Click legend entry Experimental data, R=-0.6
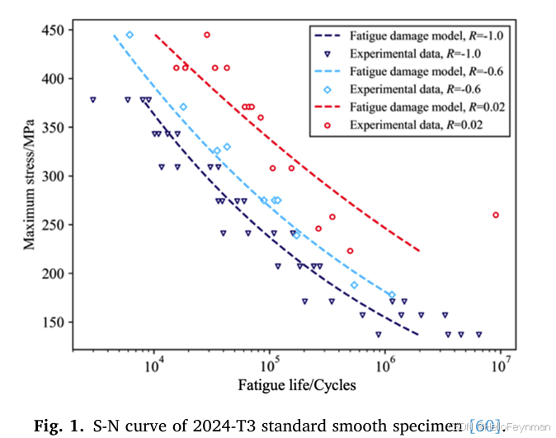415,88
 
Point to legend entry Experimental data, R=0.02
415,124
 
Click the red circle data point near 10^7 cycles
496,215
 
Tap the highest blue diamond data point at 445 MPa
130,35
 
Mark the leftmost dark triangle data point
93,100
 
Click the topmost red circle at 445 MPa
207,35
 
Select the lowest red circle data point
350,251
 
